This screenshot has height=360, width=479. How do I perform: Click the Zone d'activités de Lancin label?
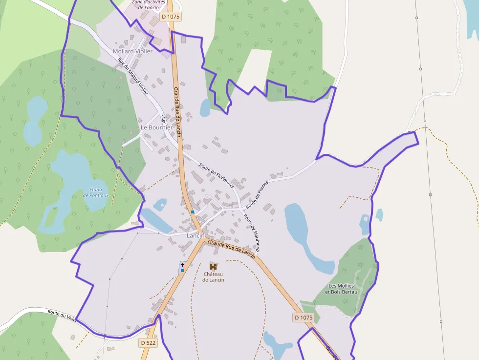click(148, 4)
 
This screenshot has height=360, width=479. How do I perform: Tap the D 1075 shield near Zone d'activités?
click(171, 17)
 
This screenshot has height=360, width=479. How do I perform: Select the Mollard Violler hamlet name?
click(132, 51)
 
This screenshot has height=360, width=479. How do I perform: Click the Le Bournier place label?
click(156, 127)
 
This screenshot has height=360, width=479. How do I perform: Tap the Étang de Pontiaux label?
click(96, 192)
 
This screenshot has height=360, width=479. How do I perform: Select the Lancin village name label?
click(195, 235)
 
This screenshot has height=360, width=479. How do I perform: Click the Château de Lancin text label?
click(214, 277)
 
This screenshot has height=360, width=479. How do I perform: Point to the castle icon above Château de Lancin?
click(213, 266)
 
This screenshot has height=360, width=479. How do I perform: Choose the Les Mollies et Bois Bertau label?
click(343, 289)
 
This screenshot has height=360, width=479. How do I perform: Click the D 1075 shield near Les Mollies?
click(303, 318)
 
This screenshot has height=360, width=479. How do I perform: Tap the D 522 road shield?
click(148, 343)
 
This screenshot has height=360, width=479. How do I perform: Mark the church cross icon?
click(182, 264)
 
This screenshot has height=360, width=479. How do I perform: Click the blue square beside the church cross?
click(182, 270)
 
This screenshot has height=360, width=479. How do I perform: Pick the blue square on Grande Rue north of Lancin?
click(193, 212)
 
